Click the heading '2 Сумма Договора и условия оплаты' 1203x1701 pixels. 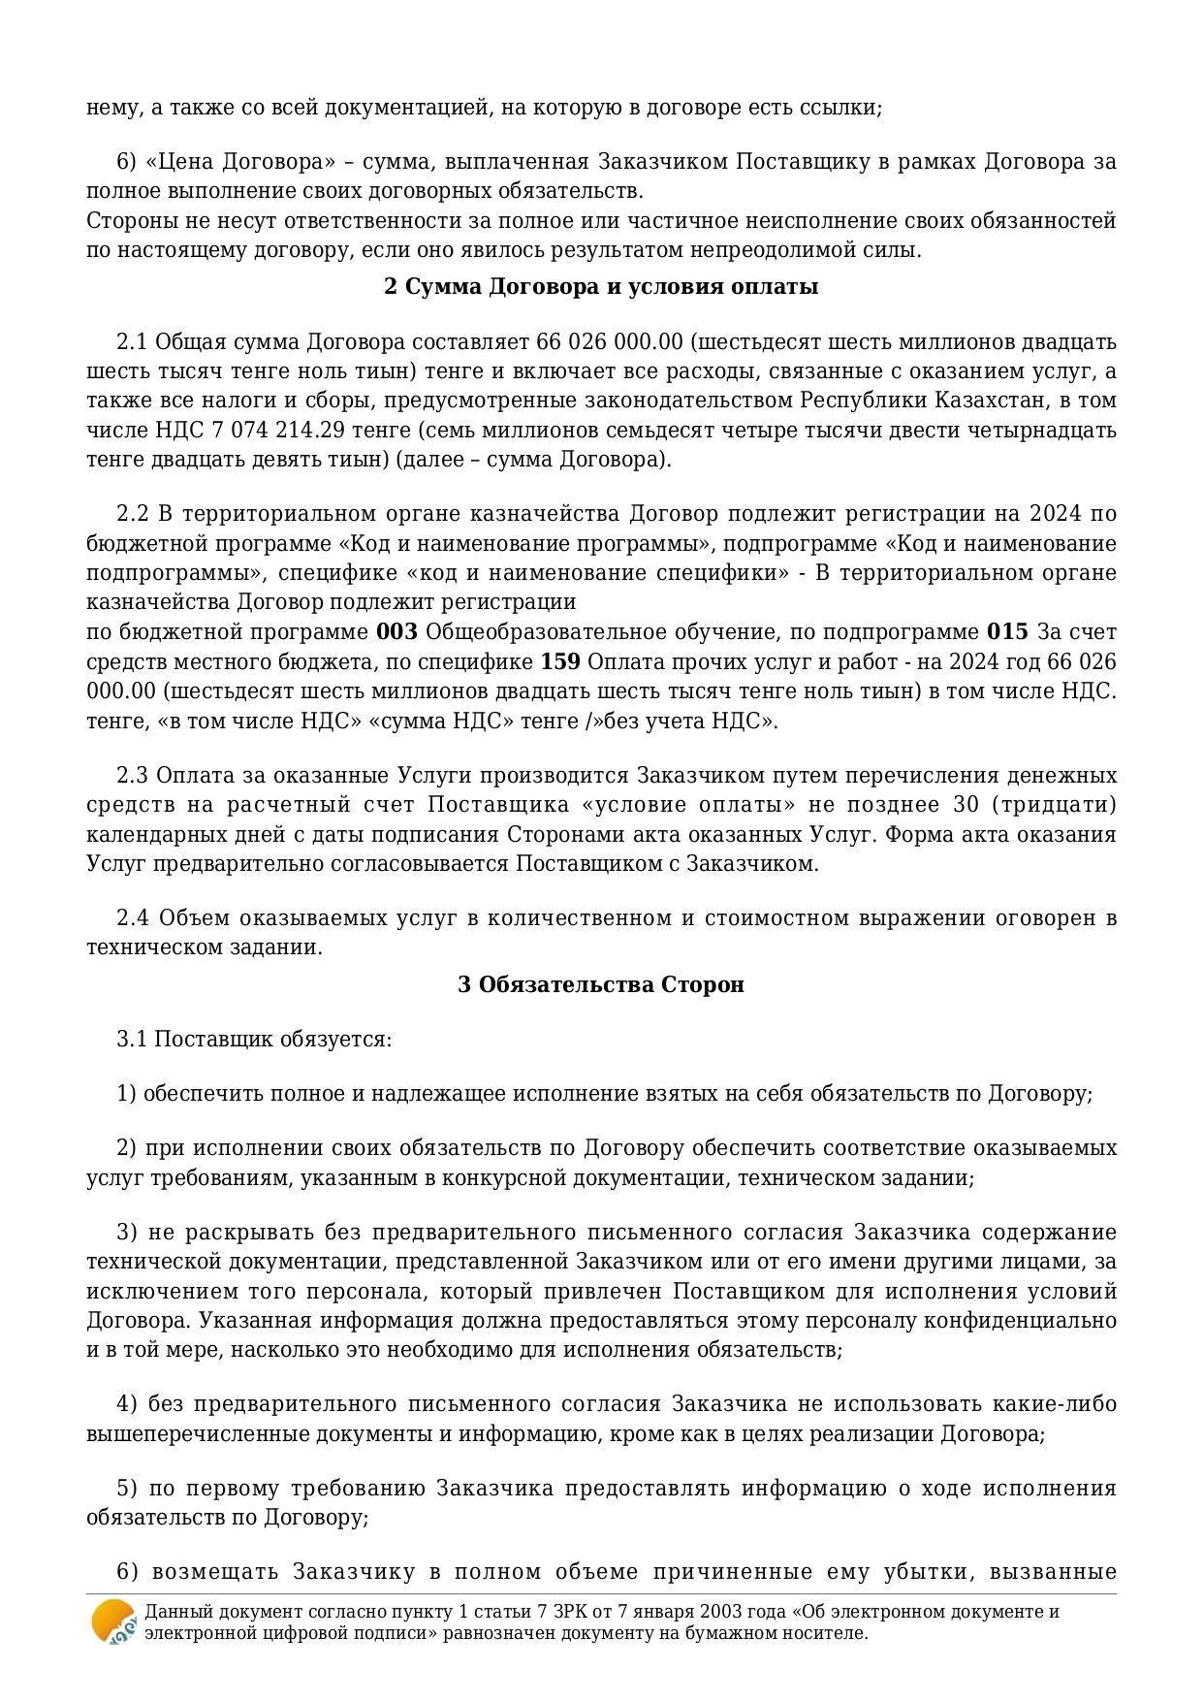pyautogui.click(x=601, y=287)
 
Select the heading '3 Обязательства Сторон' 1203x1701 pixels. pyautogui.click(x=601, y=984)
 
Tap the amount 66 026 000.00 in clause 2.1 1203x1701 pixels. pyautogui.click(x=609, y=342)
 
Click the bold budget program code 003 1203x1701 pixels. pyautogui.click(x=396, y=632)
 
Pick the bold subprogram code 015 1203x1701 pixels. pyautogui.click(x=1007, y=632)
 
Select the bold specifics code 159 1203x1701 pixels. pyautogui.click(x=560, y=662)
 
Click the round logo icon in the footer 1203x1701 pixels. pyautogui.click(x=113, y=1621)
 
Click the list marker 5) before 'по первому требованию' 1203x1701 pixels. pyautogui.click(x=128, y=1489)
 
